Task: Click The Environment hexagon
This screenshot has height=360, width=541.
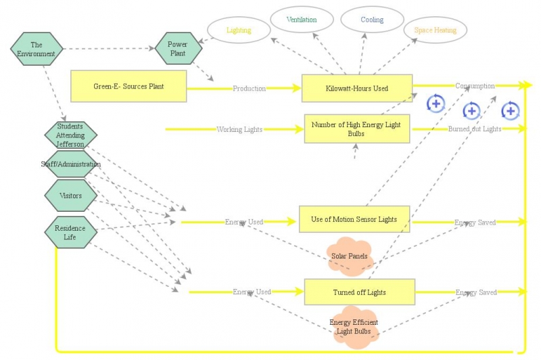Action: click(x=37, y=49)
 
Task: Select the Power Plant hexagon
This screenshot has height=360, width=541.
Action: click(x=177, y=49)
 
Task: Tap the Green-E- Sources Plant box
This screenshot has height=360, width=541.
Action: click(x=128, y=87)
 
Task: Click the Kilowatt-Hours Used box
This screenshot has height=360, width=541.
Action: click(x=357, y=88)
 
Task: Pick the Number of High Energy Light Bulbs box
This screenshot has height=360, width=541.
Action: click(x=356, y=129)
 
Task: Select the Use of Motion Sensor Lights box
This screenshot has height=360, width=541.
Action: click(x=354, y=219)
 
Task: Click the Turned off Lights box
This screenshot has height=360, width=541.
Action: click(x=359, y=292)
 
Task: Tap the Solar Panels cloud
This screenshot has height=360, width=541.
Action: click(x=349, y=256)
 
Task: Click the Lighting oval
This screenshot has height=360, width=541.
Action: click(x=238, y=30)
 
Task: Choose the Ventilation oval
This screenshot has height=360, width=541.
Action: click(x=301, y=20)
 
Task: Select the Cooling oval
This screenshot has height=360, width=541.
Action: click(x=371, y=20)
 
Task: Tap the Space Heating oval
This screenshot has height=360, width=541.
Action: click(x=435, y=30)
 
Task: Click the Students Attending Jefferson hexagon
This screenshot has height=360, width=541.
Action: click(x=70, y=135)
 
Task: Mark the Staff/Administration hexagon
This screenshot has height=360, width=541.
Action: click(x=70, y=164)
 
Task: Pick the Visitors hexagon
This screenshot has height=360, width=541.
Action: click(x=70, y=196)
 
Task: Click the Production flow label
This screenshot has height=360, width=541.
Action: click(x=249, y=89)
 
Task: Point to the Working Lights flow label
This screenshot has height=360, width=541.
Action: click(x=239, y=129)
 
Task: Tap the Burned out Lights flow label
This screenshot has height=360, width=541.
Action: click(x=475, y=129)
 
